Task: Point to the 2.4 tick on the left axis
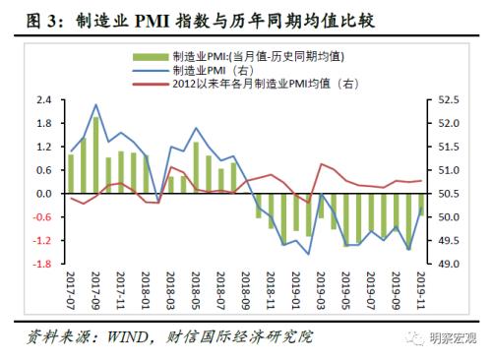[x=44, y=100]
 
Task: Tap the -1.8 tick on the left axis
[x=42, y=265]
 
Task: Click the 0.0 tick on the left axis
[x=44, y=194]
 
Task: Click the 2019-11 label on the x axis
[x=421, y=287]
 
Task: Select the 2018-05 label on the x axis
[x=197, y=287]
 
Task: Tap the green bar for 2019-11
[x=421, y=205]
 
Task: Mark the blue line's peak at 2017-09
[x=95, y=105]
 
